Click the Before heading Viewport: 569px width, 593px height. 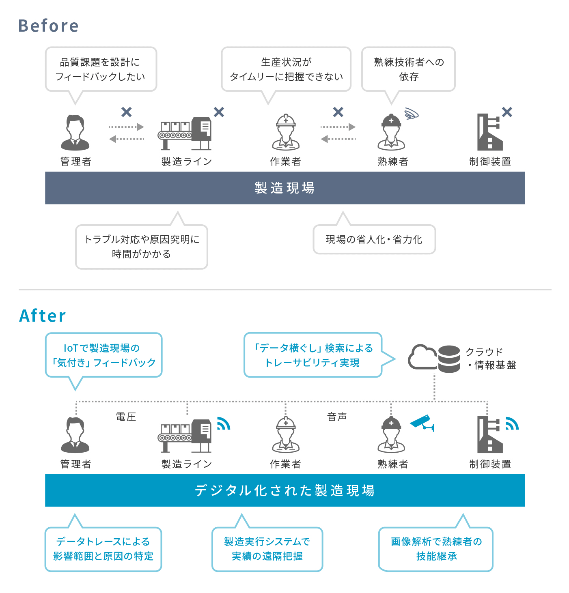click(48, 26)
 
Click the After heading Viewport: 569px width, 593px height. click(43, 316)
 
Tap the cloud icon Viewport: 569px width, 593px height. click(422, 357)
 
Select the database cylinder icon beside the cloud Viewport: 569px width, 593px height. click(449, 359)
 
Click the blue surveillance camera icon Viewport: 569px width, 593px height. click(422, 423)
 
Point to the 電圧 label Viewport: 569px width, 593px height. click(126, 417)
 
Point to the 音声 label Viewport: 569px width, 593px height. click(337, 417)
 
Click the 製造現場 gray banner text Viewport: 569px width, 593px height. click(284, 188)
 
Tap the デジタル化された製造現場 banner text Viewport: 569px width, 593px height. click(284, 490)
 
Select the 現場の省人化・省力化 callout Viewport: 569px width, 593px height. click(374, 240)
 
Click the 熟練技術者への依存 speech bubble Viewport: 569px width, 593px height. click(408, 69)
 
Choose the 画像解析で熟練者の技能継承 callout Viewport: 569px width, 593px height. click(436, 549)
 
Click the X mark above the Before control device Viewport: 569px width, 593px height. click(507, 112)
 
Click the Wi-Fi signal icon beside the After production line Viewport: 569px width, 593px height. click(223, 424)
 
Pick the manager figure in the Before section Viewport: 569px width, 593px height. click(75, 133)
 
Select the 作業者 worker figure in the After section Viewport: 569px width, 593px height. click(286, 434)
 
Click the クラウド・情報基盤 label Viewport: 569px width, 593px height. click(491, 359)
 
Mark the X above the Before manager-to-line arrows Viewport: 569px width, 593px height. click(127, 112)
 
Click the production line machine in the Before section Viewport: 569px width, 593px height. click(185, 133)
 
